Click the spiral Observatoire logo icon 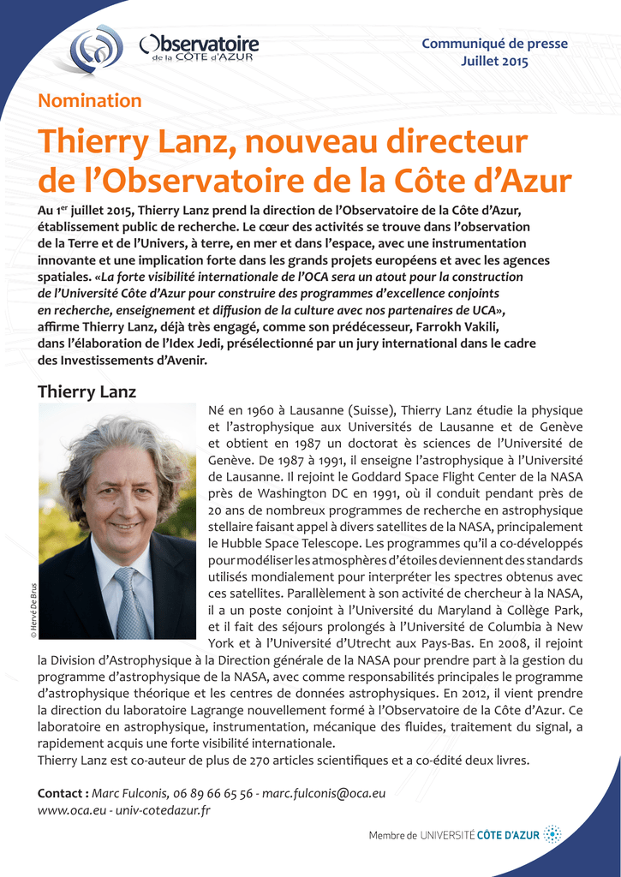click(x=96, y=49)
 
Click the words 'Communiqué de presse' click(x=494, y=44)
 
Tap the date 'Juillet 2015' click(x=494, y=61)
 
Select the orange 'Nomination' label click(x=90, y=101)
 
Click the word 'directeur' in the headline click(x=457, y=142)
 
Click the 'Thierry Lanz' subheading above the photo click(x=87, y=392)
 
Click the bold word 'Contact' click(x=62, y=793)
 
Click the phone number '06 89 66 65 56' click(x=212, y=793)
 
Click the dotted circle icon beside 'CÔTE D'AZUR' click(x=553, y=834)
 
